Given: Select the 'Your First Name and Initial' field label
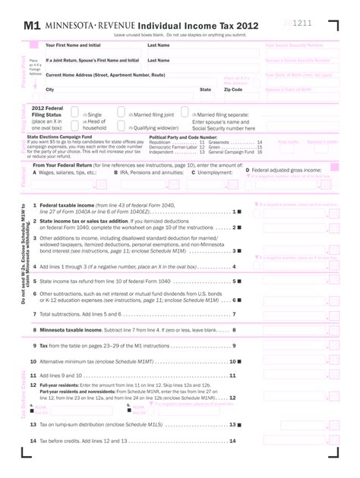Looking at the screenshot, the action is click(x=73, y=46).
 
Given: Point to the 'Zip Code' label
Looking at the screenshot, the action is click(x=234, y=90).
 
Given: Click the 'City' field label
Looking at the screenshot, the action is click(x=50, y=90).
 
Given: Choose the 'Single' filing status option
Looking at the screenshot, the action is click(x=92, y=115).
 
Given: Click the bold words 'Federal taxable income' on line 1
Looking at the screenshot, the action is click(x=68, y=206).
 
